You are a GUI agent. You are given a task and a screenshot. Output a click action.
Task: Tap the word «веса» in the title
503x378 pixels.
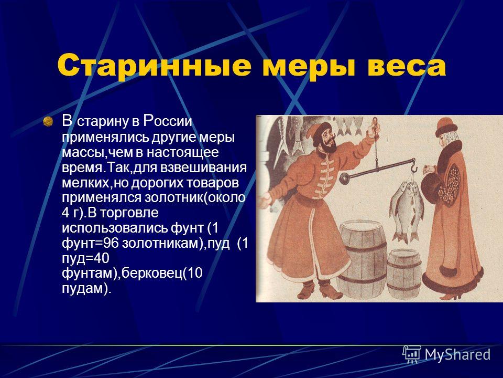pyautogui.click(x=407, y=66)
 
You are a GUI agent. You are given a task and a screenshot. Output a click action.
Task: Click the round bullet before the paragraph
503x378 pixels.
pyautogui.click(x=48, y=121)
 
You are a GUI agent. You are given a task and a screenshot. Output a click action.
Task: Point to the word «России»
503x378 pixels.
pyautogui.click(x=168, y=121)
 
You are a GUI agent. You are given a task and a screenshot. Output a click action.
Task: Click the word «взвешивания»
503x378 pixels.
pyautogui.click(x=203, y=168)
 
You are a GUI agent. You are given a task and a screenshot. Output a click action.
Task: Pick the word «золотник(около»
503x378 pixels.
pyautogui.click(x=195, y=198)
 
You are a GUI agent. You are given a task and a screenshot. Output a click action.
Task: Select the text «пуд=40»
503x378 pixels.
pyautogui.click(x=85, y=259)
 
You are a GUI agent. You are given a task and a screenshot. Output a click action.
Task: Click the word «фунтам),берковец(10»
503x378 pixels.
pyautogui.click(x=132, y=274)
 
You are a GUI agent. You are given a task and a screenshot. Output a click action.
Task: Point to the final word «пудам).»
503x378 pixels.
pyautogui.click(x=86, y=289)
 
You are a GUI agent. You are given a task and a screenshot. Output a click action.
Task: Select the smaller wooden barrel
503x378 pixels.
pyautogui.click(x=404, y=275)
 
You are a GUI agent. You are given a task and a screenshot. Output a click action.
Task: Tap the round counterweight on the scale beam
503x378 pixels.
pyautogui.click(x=344, y=177)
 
